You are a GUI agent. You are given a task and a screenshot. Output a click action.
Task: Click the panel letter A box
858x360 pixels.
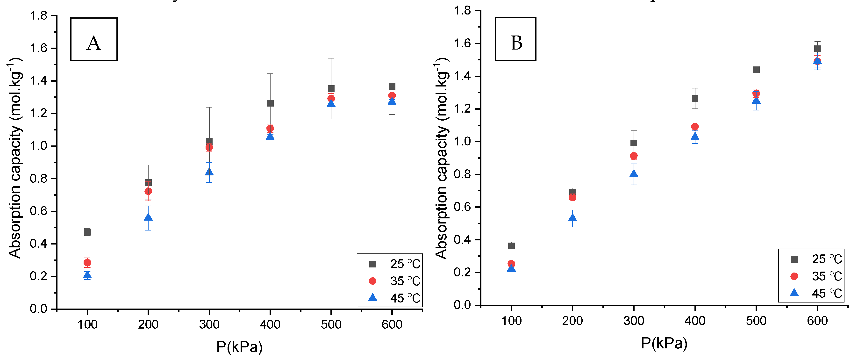93,39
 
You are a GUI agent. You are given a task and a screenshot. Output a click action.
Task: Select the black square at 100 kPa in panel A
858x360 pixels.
87,232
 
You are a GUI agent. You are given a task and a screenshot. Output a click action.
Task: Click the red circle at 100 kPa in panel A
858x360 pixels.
87,262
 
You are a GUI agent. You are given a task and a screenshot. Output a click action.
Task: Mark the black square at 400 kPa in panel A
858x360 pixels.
270,103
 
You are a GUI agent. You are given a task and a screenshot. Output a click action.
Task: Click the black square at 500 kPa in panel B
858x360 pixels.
756,70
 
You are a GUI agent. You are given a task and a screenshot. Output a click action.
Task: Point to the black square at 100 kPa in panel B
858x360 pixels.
511,246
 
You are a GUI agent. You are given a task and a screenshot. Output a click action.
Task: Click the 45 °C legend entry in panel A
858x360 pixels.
395,298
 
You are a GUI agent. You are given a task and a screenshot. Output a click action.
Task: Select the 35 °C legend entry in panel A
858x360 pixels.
395,281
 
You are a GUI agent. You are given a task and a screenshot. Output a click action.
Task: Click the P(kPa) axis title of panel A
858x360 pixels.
239,347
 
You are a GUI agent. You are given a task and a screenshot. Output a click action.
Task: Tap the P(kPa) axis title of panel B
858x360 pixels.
664,343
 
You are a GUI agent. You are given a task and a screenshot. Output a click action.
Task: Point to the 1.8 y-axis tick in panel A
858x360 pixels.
43,16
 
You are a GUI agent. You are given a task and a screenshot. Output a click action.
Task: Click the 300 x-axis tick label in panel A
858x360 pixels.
209,324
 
